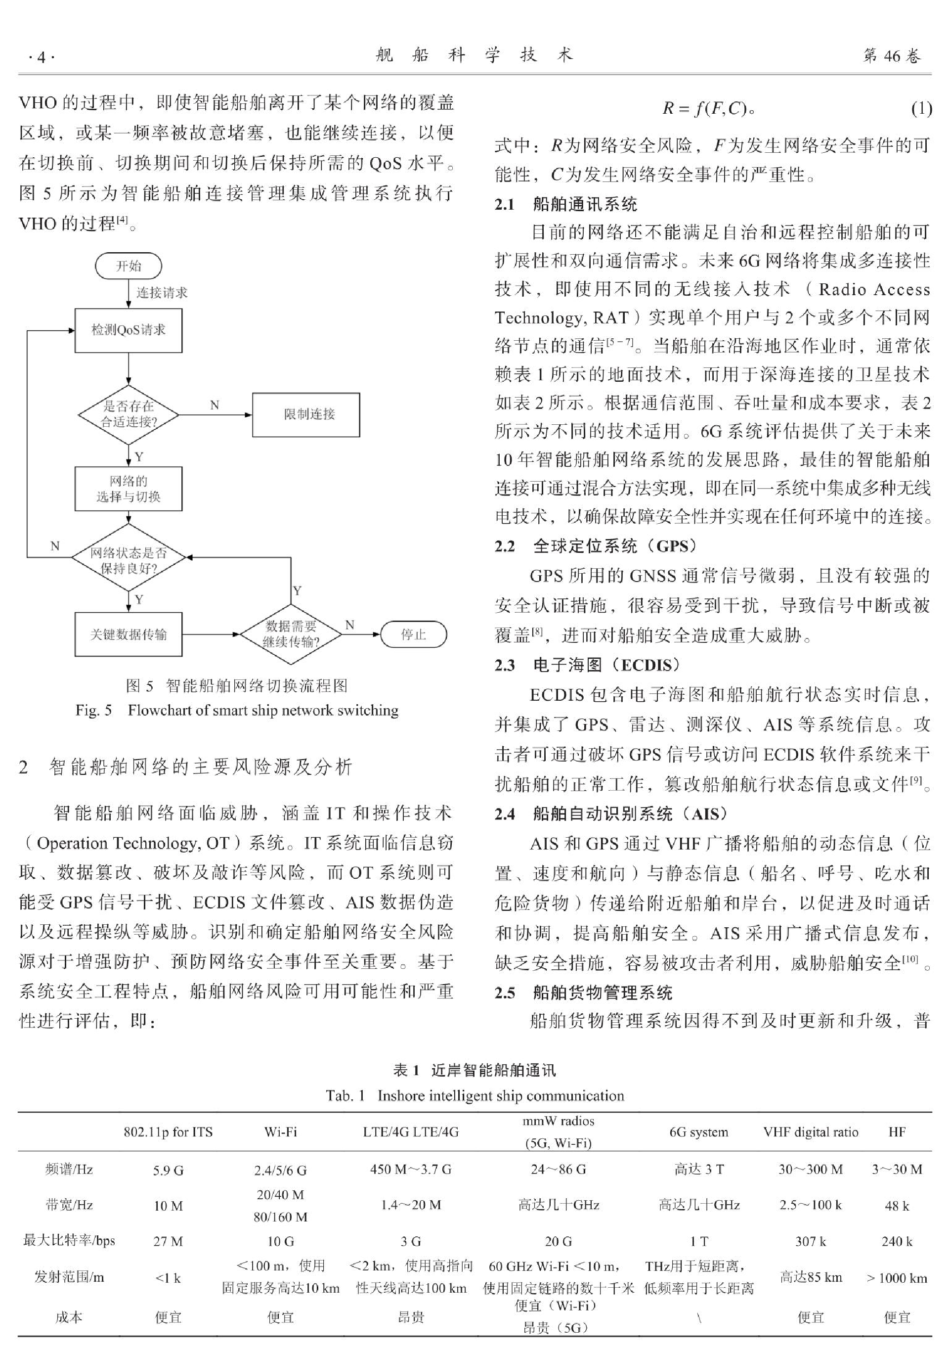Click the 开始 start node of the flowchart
click(129, 266)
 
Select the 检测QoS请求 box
click(129, 330)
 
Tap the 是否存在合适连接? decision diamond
click(129, 414)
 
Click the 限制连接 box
click(306, 414)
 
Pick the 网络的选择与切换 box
click(129, 489)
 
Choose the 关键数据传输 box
click(129, 634)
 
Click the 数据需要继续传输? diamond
click(291, 634)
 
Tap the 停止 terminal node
click(414, 634)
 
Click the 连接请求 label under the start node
click(162, 292)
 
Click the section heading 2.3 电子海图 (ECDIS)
click(588, 665)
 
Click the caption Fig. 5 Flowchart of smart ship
click(237, 710)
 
